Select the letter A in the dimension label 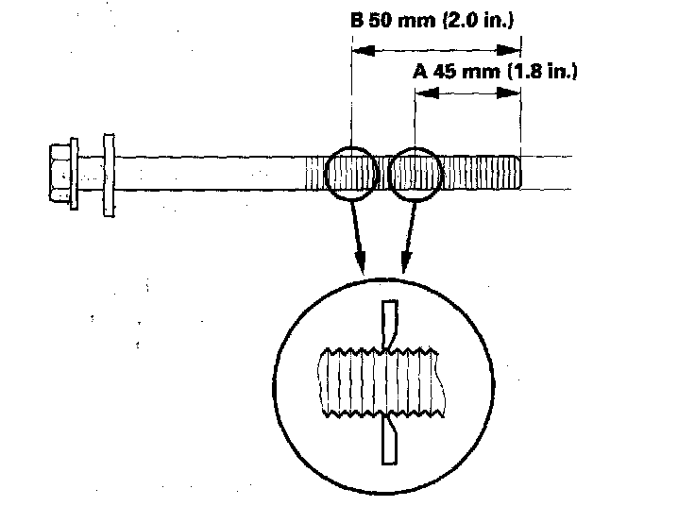[419, 72]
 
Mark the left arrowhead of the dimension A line [422, 92]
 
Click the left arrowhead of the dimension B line [357, 53]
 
